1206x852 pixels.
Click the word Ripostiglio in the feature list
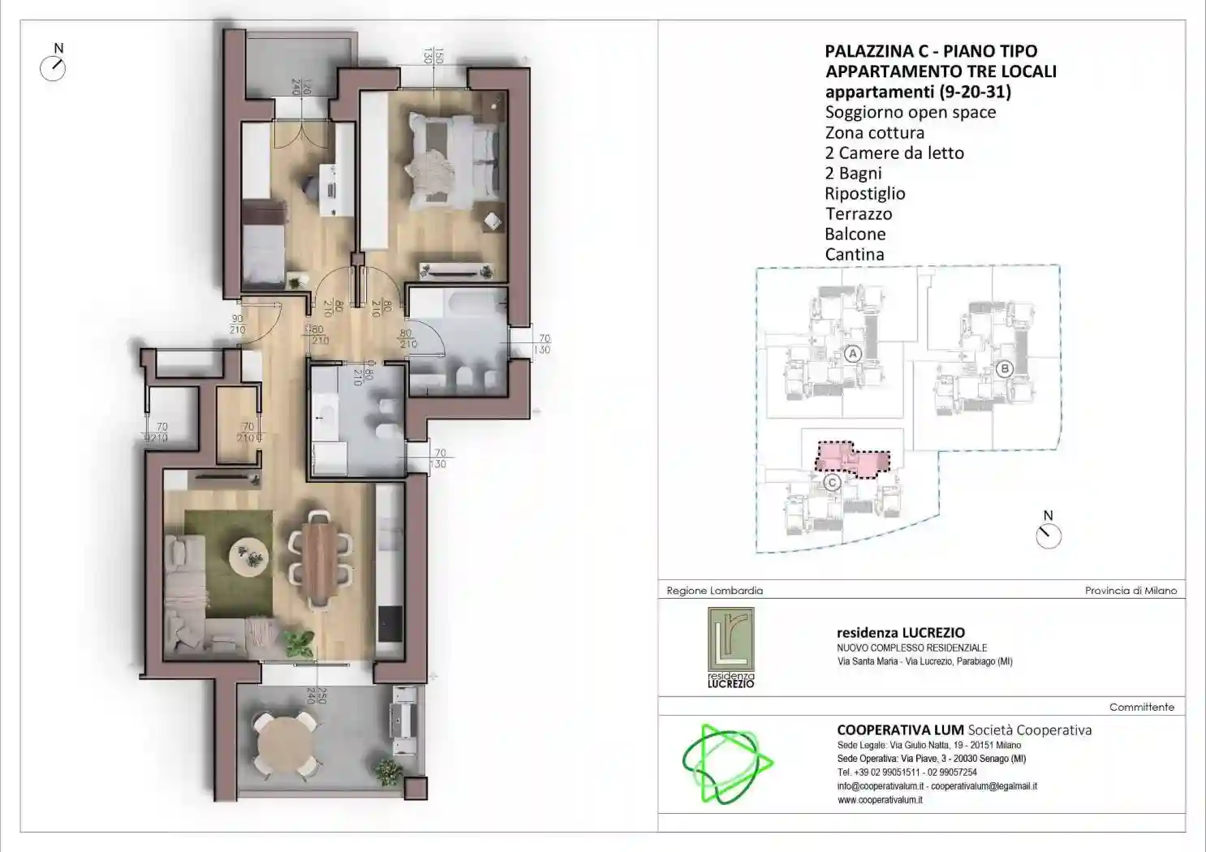[864, 194]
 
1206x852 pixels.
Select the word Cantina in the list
[854, 255]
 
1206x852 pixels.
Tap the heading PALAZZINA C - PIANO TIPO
[930, 51]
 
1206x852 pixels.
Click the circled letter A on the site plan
[852, 354]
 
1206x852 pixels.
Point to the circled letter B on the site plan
[1004, 369]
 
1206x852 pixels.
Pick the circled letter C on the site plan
[832, 483]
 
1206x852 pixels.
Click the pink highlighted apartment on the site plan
[852, 458]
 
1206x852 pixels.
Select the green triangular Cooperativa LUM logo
[726, 764]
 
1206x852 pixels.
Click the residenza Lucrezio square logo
[730, 648]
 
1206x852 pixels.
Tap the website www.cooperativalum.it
[880, 800]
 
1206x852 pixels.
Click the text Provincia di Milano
[1130, 591]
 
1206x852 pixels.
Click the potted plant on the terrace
[388, 770]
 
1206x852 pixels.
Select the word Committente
[1141, 708]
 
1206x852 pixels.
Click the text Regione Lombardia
[714, 591]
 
